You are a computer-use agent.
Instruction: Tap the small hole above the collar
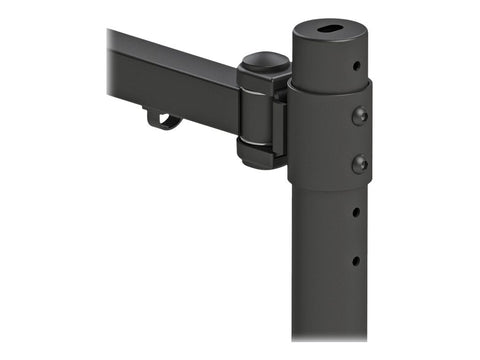(x=356, y=67)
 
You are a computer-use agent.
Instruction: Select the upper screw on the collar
(x=360, y=115)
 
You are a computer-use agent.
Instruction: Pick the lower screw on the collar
(x=359, y=163)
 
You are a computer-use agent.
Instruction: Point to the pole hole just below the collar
(x=355, y=212)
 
